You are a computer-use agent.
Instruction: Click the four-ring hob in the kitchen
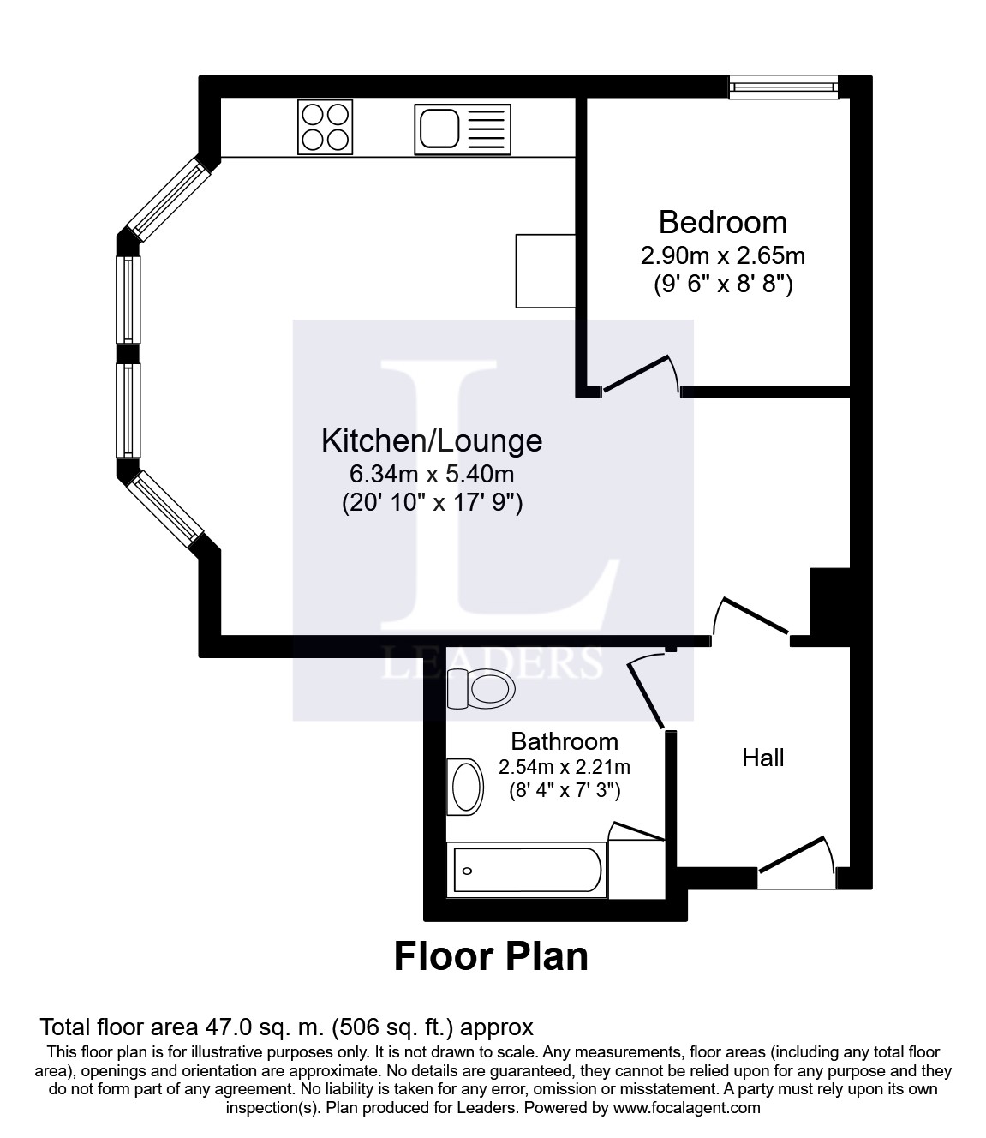325,127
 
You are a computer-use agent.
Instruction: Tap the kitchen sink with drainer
463,129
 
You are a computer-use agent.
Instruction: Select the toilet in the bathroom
481,689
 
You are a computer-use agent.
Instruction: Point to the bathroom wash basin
465,787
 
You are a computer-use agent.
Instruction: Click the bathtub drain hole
468,871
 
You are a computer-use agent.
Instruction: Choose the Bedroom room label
723,223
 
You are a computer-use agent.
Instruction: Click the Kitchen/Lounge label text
432,441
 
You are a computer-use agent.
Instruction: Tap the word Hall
762,758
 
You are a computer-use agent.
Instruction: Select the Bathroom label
565,741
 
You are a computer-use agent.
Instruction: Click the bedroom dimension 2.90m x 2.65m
723,256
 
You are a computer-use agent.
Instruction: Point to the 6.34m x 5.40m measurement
432,474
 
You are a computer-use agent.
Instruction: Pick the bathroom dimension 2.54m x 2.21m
565,767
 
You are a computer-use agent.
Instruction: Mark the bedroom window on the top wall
784,87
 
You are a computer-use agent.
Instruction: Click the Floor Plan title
491,956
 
